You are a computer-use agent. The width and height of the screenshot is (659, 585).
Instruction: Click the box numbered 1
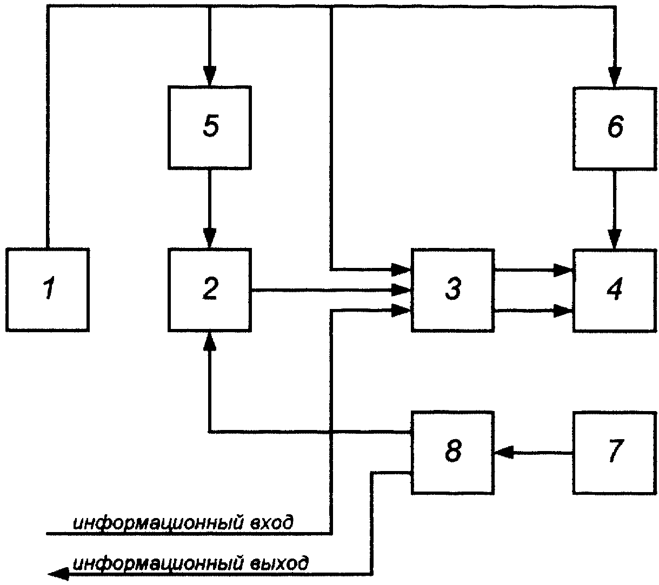pyautogui.click(x=48, y=290)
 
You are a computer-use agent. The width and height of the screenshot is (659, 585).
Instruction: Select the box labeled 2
pyautogui.click(x=210, y=290)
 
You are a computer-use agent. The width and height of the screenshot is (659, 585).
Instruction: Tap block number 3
pyautogui.click(x=453, y=290)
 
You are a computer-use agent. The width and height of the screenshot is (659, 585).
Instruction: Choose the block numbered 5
pyautogui.click(x=210, y=127)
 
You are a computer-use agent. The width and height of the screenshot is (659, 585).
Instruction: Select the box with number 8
pyautogui.click(x=453, y=453)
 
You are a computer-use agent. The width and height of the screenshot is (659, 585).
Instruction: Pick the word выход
pyautogui.click(x=279, y=564)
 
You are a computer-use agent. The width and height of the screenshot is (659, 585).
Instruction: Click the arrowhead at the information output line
pyautogui.click(x=58, y=574)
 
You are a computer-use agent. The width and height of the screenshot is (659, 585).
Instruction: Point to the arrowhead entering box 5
pyautogui.click(x=210, y=76)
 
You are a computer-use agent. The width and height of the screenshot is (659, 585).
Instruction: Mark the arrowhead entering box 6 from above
pyautogui.click(x=615, y=77)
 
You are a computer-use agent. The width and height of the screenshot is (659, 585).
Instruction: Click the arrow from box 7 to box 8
pyautogui.click(x=534, y=453)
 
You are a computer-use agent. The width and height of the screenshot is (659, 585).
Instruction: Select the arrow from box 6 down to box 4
pyautogui.click(x=615, y=210)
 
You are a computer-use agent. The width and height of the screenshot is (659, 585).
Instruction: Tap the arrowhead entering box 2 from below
pyautogui.click(x=210, y=341)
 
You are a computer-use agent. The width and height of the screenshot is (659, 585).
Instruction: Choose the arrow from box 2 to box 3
pyautogui.click(x=331, y=290)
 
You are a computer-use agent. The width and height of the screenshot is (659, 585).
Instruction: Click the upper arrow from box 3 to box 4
pyautogui.click(x=534, y=270)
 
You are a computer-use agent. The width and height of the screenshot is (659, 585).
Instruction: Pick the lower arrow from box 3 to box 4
pyautogui.click(x=534, y=311)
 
